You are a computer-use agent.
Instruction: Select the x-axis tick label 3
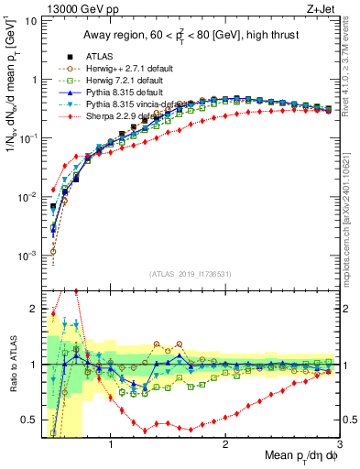[x=340, y=446]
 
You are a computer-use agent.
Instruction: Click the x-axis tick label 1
[x=110, y=446]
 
